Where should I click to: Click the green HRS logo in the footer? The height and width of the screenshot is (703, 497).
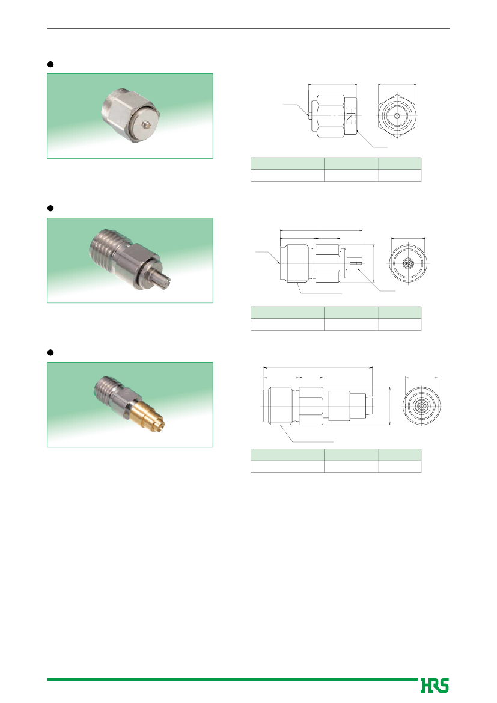tap(434, 685)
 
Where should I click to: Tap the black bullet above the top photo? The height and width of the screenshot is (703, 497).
tap(50, 64)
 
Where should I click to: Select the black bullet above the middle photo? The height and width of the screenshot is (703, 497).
tap(50, 208)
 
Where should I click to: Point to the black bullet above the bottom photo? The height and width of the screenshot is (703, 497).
tap(50, 352)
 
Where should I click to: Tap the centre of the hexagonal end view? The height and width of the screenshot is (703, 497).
tap(397, 115)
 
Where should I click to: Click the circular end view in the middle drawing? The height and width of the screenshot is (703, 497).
tap(408, 263)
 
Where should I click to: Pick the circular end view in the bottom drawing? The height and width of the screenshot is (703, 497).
tap(421, 406)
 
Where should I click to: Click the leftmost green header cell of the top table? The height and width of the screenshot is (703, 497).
tap(287, 163)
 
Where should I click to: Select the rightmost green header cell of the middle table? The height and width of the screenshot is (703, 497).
tap(400, 313)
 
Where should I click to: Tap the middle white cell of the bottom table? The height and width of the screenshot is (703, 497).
tap(352, 466)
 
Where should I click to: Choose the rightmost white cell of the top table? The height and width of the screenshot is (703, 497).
tap(400, 176)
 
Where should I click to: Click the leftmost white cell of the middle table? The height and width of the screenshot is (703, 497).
tap(287, 325)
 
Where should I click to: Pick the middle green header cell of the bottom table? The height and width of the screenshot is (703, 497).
tap(352, 455)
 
